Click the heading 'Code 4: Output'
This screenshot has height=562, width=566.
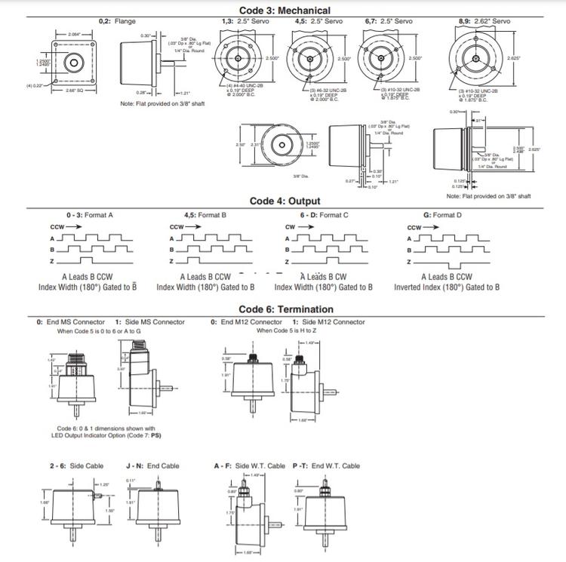285,201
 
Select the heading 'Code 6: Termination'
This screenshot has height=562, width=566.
285,309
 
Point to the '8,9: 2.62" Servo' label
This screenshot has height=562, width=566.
484,21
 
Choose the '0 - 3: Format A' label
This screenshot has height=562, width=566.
91,215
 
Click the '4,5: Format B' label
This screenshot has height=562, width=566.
205,215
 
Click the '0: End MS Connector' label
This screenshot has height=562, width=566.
69,322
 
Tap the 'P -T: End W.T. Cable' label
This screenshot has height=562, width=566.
326,466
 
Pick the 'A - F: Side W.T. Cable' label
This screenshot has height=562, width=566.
250,466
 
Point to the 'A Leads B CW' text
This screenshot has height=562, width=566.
324,277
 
